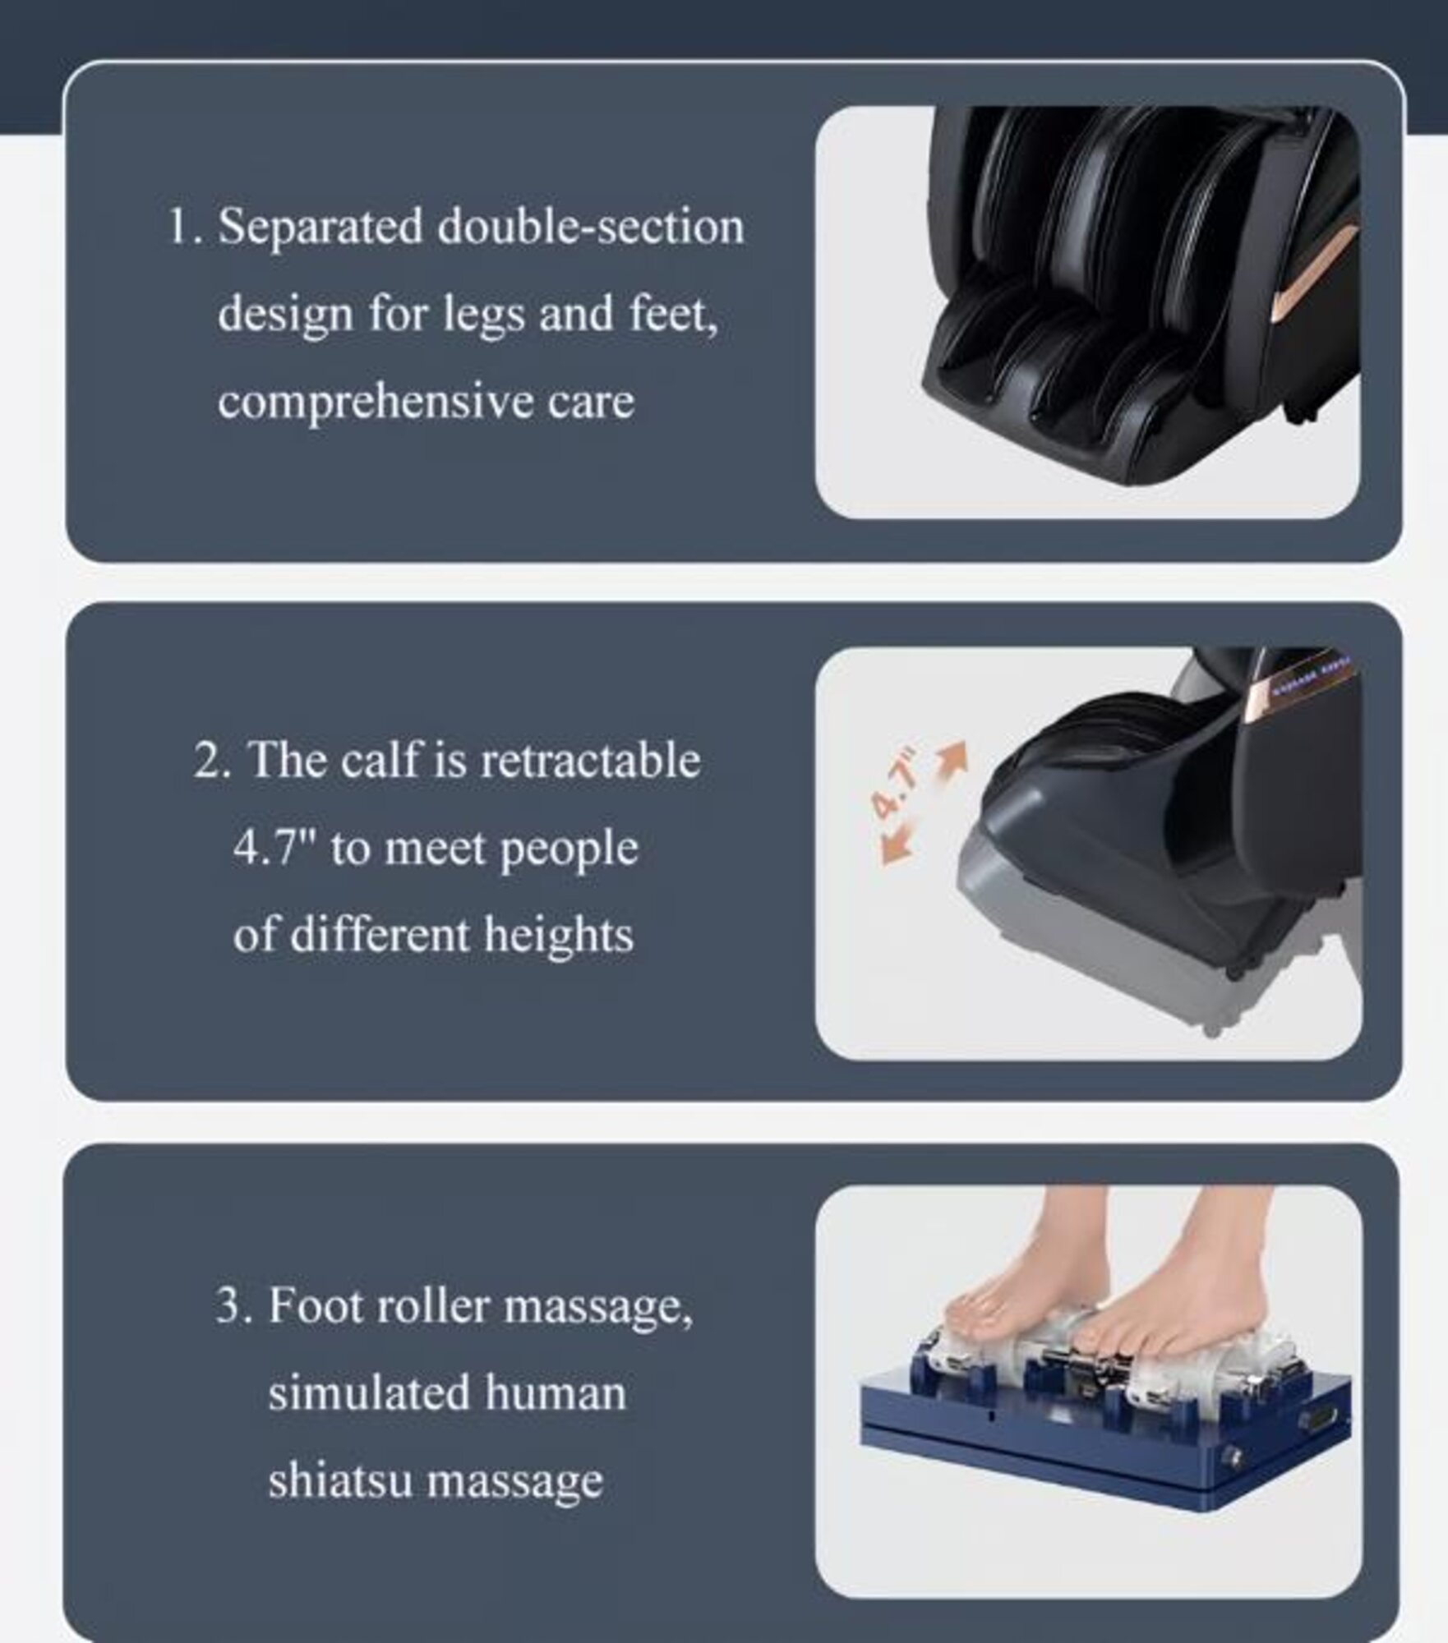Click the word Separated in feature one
tap(320, 228)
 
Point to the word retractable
tap(590, 760)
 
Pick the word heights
tap(558, 936)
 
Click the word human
tap(555, 1393)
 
